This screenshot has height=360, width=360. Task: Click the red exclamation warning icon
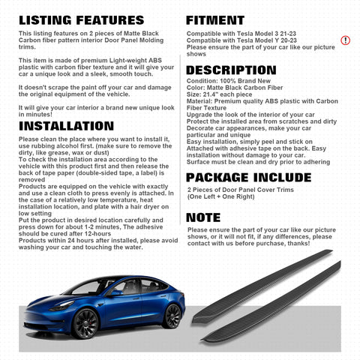coord(345,40)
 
